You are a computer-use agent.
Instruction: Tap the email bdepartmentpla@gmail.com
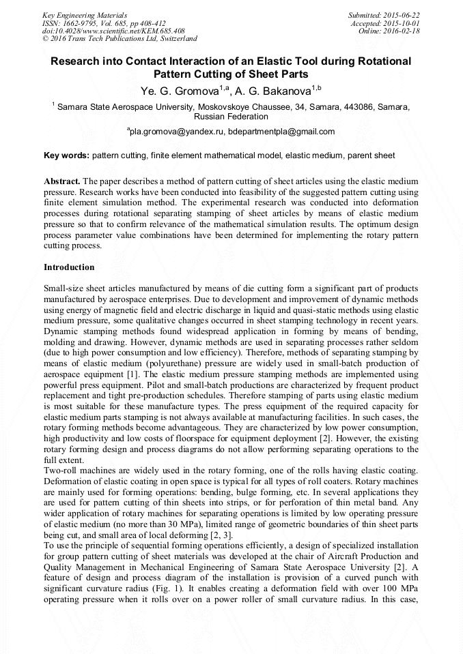click(x=281, y=132)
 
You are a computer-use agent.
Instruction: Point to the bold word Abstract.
click(x=62, y=181)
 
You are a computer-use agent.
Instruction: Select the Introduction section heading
click(x=69, y=267)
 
